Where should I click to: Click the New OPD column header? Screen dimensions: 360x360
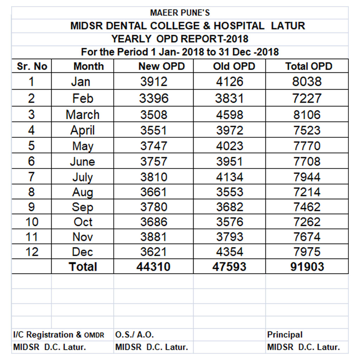[x=162, y=66]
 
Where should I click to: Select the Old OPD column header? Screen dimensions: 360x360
[x=234, y=66]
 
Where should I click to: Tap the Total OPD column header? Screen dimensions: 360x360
[x=309, y=66]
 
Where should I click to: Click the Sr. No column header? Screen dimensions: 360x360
[x=32, y=66]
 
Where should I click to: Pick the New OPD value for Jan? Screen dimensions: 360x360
[x=154, y=82]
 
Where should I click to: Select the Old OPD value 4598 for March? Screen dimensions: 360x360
[x=230, y=115]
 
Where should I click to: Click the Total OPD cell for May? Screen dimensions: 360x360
[x=307, y=146]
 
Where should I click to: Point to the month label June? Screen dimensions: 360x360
[x=82, y=161]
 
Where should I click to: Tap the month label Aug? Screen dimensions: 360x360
[x=83, y=192]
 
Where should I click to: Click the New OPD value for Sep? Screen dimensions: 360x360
[x=154, y=207]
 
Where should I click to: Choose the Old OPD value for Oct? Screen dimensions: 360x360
[x=230, y=222]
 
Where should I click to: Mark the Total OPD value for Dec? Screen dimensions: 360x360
[x=307, y=252]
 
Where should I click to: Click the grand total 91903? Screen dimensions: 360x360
[x=307, y=267]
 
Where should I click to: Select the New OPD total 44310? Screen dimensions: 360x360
[x=153, y=267]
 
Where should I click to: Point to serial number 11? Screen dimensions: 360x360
[x=32, y=237]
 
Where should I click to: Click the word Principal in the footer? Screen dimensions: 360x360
[x=285, y=335]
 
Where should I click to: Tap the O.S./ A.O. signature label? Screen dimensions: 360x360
[x=135, y=335]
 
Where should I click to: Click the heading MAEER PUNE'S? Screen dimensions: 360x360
[x=180, y=13]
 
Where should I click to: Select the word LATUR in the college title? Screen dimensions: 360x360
[x=288, y=26]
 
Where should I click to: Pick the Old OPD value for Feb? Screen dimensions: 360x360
[x=229, y=98]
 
